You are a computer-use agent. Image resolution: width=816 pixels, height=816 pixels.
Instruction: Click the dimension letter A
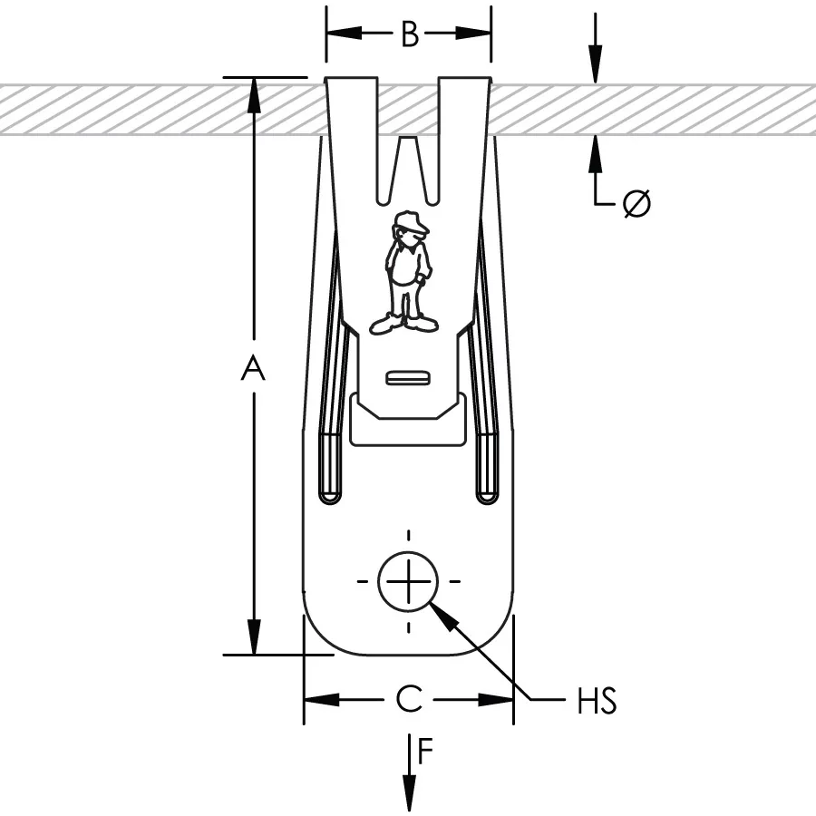254,369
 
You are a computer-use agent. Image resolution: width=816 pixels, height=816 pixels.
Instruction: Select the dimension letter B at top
410,34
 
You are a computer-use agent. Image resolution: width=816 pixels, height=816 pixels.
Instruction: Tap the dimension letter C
409,699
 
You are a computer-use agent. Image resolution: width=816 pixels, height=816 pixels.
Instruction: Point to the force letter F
426,750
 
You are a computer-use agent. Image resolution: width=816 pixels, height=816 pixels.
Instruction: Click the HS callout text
597,701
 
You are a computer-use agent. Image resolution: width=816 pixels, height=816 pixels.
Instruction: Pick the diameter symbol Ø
636,204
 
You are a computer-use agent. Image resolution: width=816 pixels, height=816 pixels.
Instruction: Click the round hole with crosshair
408,580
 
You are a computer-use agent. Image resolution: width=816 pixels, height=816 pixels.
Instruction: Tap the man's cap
409,220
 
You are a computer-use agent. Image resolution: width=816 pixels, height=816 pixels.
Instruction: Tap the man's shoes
403,323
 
